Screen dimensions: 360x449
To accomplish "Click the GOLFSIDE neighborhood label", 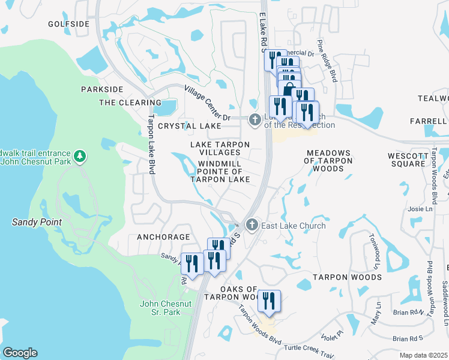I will point(68,25).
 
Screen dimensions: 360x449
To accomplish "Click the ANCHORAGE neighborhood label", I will point(163,237).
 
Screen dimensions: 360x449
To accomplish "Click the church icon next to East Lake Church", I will point(252,225).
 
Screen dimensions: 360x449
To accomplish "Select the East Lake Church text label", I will point(294,226).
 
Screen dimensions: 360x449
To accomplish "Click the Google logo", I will point(19,353).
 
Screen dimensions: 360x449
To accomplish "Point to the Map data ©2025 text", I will point(423,355).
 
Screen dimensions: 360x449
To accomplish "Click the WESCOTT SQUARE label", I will point(406,159).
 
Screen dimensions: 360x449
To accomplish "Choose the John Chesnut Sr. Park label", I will point(160,308).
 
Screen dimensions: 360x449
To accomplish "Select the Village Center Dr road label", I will point(208,102).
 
